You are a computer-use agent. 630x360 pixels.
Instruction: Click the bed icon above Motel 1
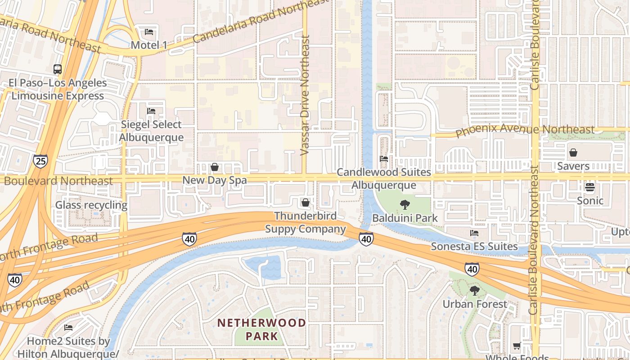[x=149, y=32]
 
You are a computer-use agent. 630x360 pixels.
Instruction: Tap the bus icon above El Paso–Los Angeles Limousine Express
[x=58, y=69]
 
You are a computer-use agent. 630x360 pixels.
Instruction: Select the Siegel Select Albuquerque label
[x=152, y=131]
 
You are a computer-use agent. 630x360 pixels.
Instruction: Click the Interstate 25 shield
[x=40, y=161]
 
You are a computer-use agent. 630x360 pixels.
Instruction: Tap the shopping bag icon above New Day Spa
[x=215, y=167]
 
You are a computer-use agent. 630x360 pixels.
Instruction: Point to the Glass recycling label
[x=91, y=205]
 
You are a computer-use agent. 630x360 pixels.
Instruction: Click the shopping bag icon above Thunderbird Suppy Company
[x=306, y=202]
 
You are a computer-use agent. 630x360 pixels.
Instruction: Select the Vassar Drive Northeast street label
[x=305, y=97]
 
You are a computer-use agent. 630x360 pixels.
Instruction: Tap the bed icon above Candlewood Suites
[x=384, y=158]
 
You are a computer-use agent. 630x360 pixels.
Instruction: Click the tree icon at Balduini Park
[x=405, y=205]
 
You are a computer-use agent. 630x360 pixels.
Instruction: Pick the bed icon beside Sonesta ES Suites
[x=474, y=233]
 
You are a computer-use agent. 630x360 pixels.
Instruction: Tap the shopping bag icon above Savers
[x=573, y=153]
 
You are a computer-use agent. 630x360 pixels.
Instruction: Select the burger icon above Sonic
[x=590, y=187]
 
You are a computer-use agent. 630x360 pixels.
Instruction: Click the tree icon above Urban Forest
[x=474, y=291]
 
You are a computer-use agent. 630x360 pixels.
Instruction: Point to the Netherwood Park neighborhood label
[x=261, y=329]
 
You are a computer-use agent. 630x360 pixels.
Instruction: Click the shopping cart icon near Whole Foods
[x=517, y=346]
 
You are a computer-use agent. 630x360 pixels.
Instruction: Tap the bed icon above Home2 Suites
[x=68, y=327]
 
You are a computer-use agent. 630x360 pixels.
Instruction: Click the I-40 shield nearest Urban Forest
[x=472, y=269]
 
